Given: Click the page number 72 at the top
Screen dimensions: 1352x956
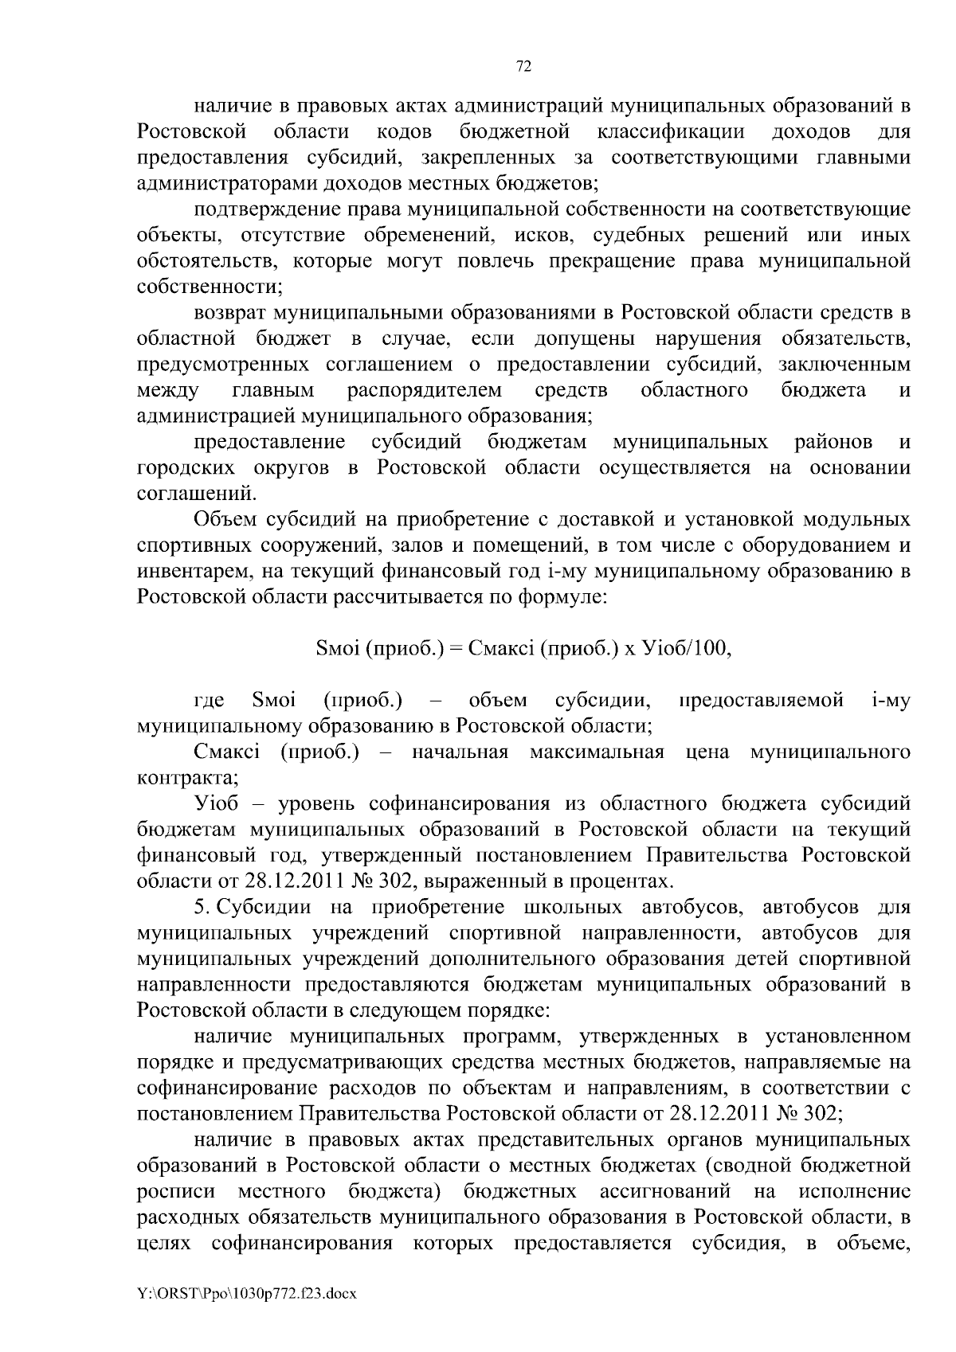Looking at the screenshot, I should [x=524, y=68].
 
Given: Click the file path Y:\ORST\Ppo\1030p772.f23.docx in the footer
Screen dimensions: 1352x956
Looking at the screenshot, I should [x=247, y=1294].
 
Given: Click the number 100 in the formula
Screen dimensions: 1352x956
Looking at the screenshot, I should [x=713, y=648].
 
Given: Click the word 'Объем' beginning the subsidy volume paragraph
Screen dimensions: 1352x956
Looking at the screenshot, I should [x=222, y=520].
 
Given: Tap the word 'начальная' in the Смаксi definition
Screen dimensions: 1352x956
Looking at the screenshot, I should [x=460, y=752].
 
